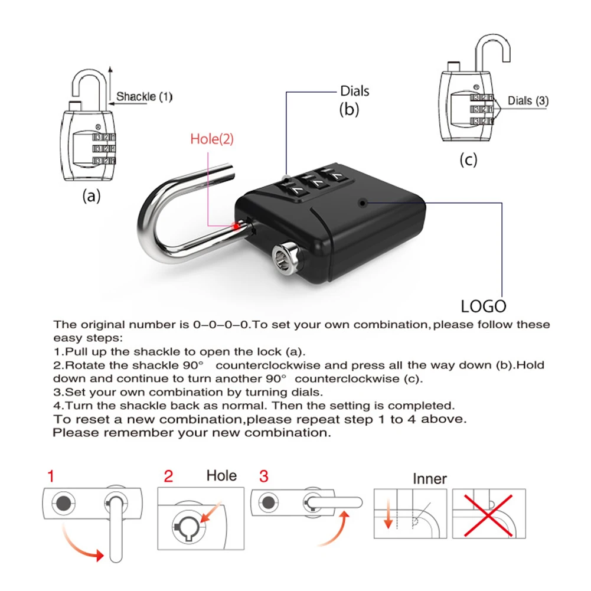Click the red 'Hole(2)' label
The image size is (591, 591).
[x=212, y=139]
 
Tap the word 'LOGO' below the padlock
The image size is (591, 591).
[x=484, y=306]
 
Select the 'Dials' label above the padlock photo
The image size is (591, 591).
[x=354, y=91]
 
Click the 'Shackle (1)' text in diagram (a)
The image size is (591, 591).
[x=144, y=96]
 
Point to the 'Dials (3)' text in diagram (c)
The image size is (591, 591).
[x=528, y=101]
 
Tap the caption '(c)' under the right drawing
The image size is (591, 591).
[x=468, y=159]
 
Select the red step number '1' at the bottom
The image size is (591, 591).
[x=51, y=476]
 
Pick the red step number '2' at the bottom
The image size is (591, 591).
[x=168, y=476]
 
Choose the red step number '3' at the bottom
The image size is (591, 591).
[x=263, y=476]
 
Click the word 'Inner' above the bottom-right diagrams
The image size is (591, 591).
[x=429, y=479]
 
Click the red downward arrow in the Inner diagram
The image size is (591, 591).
[x=388, y=518]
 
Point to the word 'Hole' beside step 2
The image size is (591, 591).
[x=221, y=476]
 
